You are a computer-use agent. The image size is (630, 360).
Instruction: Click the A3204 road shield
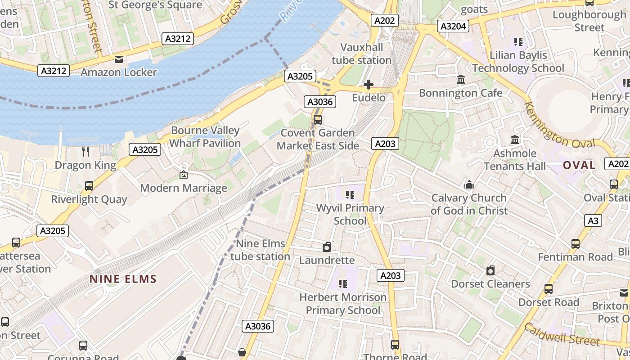[453, 26]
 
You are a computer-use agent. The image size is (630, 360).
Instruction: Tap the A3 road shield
[594, 220]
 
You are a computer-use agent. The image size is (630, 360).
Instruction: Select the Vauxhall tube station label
[361, 54]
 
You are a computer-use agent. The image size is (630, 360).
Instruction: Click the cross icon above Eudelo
[369, 85]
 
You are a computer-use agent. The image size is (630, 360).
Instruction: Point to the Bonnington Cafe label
[460, 93]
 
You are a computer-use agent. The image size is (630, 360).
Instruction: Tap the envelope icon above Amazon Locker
[119, 59]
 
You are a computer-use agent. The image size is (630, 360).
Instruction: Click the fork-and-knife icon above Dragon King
[85, 152]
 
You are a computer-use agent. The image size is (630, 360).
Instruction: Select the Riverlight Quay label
[89, 199]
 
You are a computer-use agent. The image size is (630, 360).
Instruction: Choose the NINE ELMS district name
[123, 279]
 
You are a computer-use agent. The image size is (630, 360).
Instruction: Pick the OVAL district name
[579, 165]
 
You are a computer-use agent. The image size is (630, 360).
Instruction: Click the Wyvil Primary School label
[350, 214]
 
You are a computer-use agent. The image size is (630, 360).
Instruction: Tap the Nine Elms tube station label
[261, 250]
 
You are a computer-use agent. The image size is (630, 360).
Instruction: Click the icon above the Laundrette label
[327, 247]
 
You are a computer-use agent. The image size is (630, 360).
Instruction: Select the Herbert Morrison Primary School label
[343, 304]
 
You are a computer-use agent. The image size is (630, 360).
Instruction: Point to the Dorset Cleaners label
[490, 284]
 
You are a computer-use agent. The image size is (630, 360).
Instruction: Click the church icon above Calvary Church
[469, 184]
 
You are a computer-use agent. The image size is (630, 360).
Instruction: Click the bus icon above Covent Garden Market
[318, 120]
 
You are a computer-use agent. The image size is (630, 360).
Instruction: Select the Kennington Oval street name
[559, 130]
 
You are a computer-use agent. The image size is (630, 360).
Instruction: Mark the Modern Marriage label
[184, 188]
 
